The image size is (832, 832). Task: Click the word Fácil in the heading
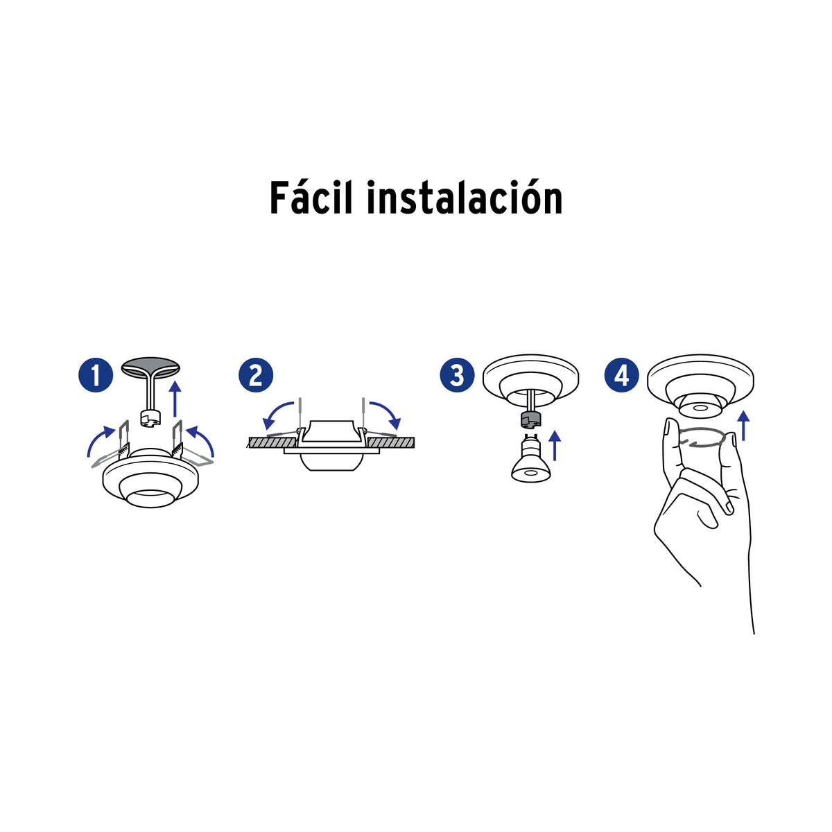(x=311, y=198)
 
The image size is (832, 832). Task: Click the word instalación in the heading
(x=465, y=198)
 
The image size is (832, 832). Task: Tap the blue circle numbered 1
(x=96, y=375)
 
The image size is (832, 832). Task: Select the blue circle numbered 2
(x=256, y=375)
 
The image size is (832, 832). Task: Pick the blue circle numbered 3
(x=457, y=375)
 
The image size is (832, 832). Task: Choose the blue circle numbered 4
(x=622, y=375)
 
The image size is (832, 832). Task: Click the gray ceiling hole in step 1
(x=150, y=367)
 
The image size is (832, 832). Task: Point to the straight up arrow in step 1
(x=175, y=399)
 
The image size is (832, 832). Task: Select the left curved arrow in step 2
(x=275, y=410)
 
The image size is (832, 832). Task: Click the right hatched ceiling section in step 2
(x=390, y=442)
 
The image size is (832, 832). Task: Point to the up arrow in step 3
(x=555, y=446)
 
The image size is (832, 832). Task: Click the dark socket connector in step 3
(x=531, y=419)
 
